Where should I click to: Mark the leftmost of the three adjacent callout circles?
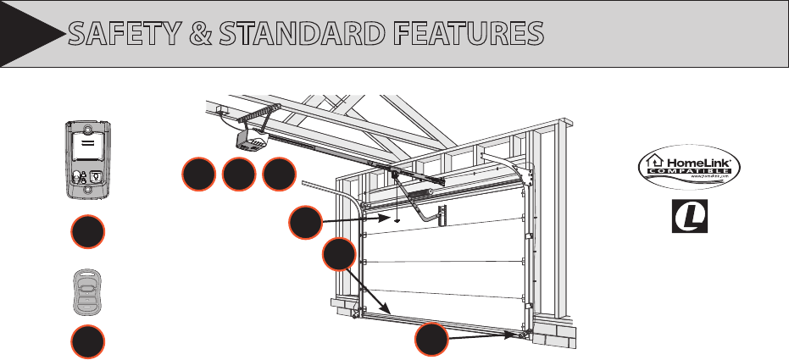point(198,174)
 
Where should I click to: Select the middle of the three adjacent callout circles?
point(238,174)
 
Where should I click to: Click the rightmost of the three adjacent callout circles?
point(279,174)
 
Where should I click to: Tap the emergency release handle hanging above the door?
point(397,217)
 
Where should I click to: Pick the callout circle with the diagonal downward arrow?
point(340,255)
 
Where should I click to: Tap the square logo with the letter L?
point(689,217)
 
